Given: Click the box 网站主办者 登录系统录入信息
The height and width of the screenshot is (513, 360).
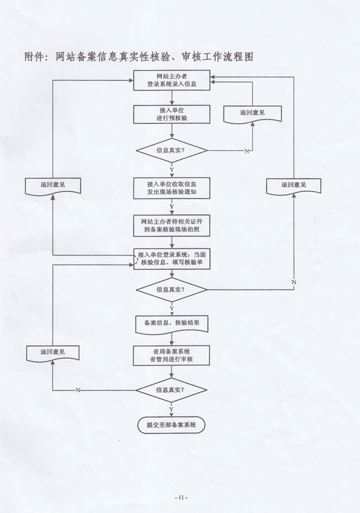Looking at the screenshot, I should click(x=172, y=81).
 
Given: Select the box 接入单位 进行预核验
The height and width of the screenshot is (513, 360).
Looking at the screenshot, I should click(x=172, y=114).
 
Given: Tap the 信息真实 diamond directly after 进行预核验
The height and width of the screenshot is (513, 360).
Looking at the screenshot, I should click(x=172, y=150).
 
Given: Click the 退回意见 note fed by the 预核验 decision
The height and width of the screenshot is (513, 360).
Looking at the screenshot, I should click(x=253, y=113).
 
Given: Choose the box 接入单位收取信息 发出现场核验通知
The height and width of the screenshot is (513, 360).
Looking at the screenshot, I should click(x=172, y=188).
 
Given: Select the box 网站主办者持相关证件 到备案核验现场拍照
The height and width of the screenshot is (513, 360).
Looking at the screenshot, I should click(x=172, y=225).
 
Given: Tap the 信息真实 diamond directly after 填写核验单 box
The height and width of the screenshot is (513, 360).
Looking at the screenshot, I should click(x=172, y=290).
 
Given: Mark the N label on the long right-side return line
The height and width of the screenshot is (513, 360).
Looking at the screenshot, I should click(x=294, y=283).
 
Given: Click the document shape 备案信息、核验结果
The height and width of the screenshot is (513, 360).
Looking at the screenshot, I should click(x=172, y=323).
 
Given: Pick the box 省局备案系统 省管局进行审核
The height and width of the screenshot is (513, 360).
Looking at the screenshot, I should click(x=172, y=355).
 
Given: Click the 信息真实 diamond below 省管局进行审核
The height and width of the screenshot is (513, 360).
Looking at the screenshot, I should click(x=172, y=389).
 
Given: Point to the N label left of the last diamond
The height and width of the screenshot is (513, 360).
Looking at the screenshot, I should click(x=78, y=390).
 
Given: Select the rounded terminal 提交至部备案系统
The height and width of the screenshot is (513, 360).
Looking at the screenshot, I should click(x=172, y=425).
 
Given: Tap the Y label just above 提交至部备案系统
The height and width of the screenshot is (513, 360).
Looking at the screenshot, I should click(x=171, y=409).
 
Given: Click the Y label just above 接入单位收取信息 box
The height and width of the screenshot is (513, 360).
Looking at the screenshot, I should click(x=171, y=169).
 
